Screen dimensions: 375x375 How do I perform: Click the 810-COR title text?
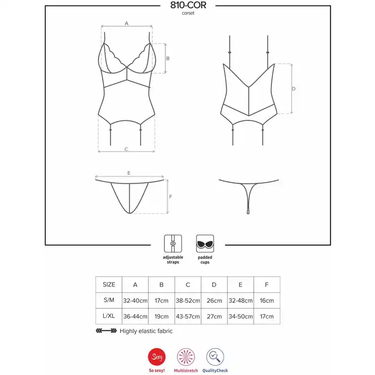(188, 5)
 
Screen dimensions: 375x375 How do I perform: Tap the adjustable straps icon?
(173, 244)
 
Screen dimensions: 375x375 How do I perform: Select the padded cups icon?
(205, 244)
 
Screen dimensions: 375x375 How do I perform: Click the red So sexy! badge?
(157, 357)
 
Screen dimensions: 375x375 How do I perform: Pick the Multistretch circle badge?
(186, 357)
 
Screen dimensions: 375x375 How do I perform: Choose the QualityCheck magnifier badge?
(215, 357)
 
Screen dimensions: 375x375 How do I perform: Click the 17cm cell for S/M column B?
(161, 300)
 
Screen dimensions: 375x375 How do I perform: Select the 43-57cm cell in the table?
(187, 316)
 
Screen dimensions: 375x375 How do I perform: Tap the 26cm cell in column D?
(214, 300)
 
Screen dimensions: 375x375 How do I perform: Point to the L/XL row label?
(109, 316)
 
